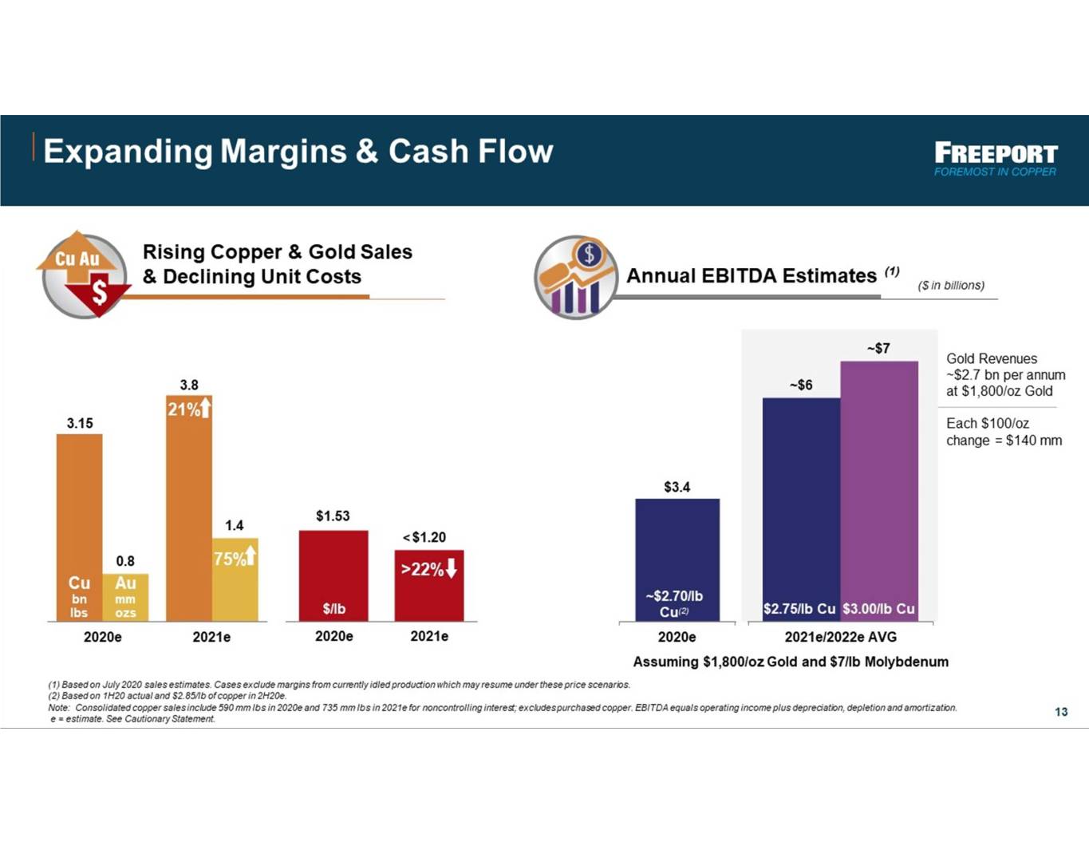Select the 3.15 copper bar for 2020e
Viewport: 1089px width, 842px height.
pyautogui.click(x=79, y=528)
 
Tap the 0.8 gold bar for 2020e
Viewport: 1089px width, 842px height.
pyautogui.click(x=125, y=598)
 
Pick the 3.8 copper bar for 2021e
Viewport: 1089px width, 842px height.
pyautogui.click(x=189, y=508)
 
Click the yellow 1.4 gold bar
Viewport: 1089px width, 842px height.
pyautogui.click(x=235, y=580)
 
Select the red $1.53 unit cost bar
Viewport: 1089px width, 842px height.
pyautogui.click(x=333, y=576)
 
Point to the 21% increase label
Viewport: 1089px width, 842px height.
pyautogui.click(x=189, y=409)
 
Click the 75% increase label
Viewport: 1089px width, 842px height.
pyautogui.click(x=235, y=558)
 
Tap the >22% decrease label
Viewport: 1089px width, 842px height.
pyautogui.click(x=429, y=569)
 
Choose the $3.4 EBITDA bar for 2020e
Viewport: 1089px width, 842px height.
pyautogui.click(x=677, y=560)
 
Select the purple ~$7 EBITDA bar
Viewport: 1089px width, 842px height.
pyautogui.click(x=879, y=491)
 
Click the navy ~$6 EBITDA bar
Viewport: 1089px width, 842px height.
pyautogui.click(x=801, y=510)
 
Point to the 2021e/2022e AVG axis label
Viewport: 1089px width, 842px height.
pyautogui.click(x=840, y=637)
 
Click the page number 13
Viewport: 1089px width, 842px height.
pyautogui.click(x=1061, y=712)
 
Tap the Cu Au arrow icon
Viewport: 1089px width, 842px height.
pyautogui.click(x=84, y=275)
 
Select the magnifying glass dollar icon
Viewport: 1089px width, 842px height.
pyautogui.click(x=576, y=277)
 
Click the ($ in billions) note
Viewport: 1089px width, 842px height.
pyautogui.click(x=951, y=285)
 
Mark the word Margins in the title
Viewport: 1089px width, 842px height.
pyautogui.click(x=283, y=152)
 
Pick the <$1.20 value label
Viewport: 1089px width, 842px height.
pyautogui.click(x=424, y=537)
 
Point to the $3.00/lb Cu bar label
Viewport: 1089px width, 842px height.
pyautogui.click(x=879, y=608)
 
